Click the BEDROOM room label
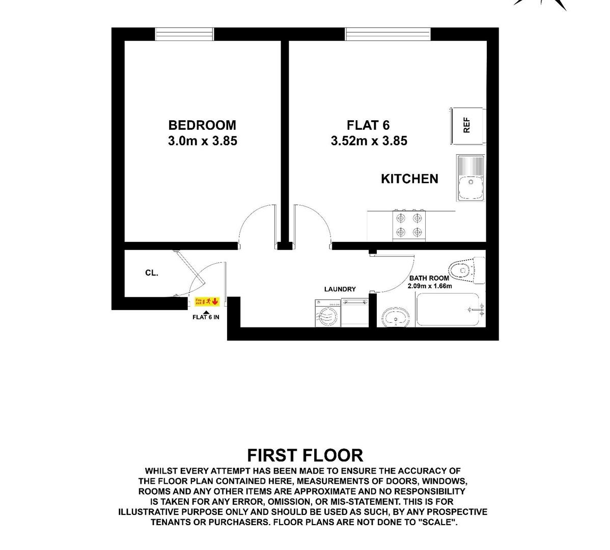pos(202,125)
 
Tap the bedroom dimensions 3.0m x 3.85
pos(202,141)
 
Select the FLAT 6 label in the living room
pos(368,125)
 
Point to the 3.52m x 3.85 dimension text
pos(369,141)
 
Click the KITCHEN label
pos(409,179)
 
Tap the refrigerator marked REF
pos(467,125)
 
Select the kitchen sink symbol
pos(470,178)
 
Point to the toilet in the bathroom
pos(466,270)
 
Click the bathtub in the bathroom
pos(450,309)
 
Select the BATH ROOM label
pos(429,278)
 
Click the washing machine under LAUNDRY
pos(327,313)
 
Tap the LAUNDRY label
pos(340,289)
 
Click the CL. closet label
pos(152,273)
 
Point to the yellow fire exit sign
pos(207,302)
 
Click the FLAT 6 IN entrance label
pos(206,317)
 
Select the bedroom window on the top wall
pos(185,34)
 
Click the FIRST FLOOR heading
pos(304,455)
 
